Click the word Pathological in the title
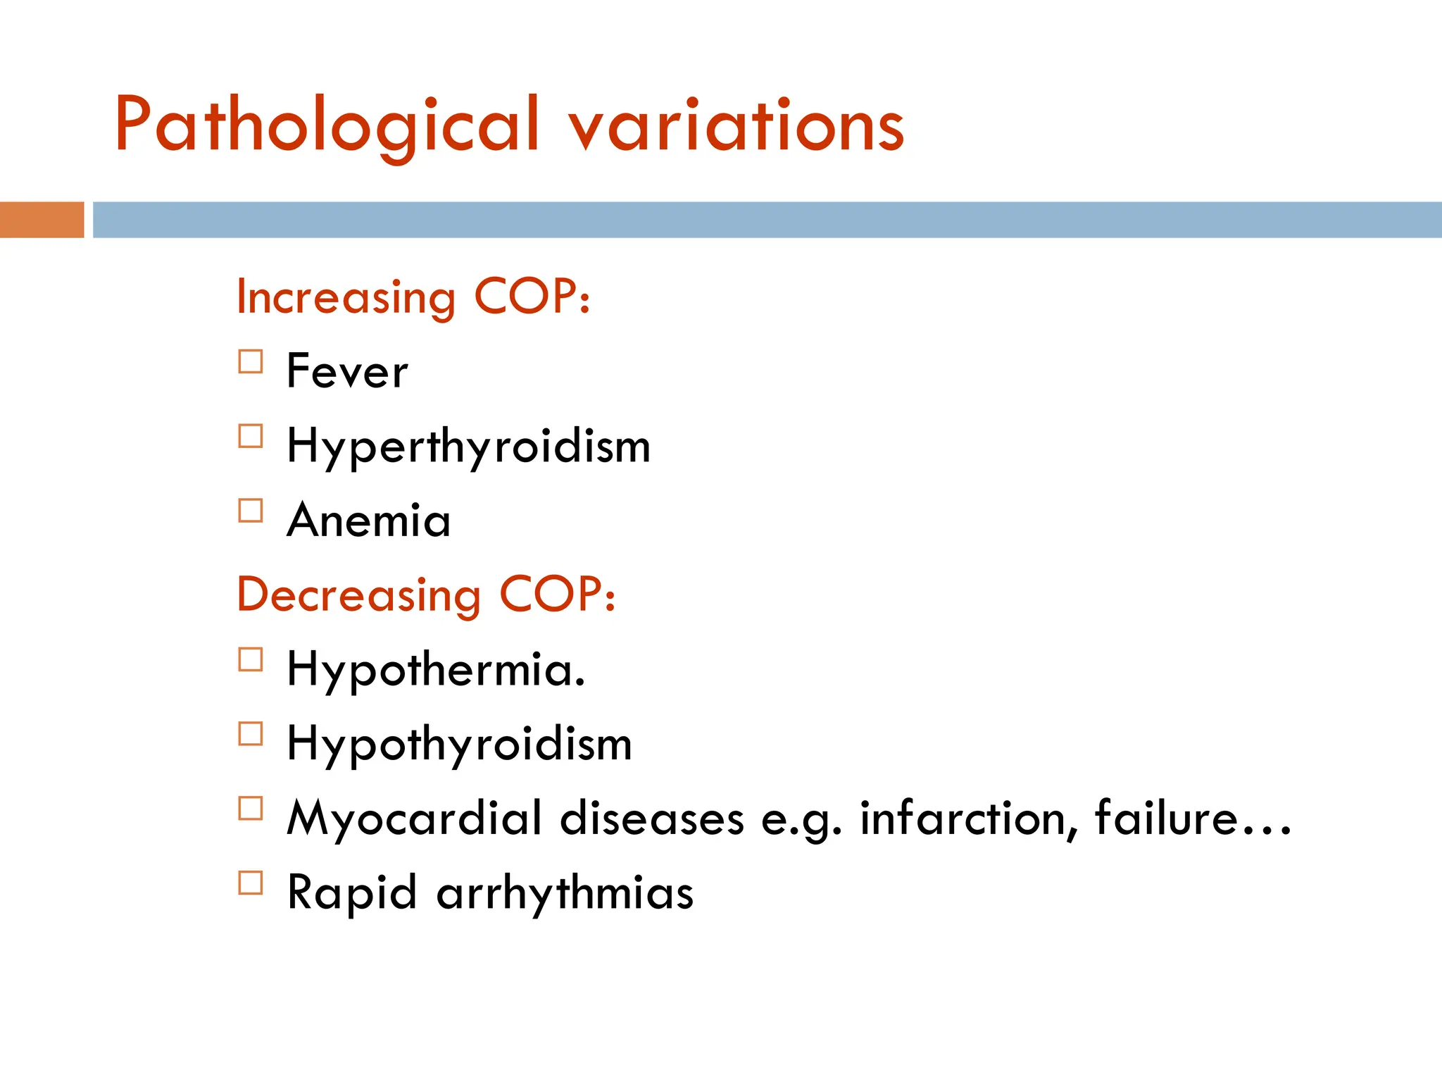click(x=327, y=125)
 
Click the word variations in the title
click(x=736, y=125)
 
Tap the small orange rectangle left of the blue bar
click(x=42, y=220)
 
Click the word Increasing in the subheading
click(x=346, y=297)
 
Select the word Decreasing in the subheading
click(x=358, y=595)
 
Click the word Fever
click(x=347, y=371)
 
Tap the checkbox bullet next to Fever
click(x=251, y=362)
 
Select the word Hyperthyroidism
click(x=468, y=447)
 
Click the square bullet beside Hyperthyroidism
click(x=251, y=437)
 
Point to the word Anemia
click(x=368, y=521)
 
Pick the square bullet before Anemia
click(x=251, y=511)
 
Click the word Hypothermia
click(x=435, y=670)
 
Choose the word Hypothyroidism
click(x=459, y=745)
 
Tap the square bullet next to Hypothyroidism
click(x=251, y=734)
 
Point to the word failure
click(x=1166, y=819)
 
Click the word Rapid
click(x=352, y=893)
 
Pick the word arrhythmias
click(x=565, y=893)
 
